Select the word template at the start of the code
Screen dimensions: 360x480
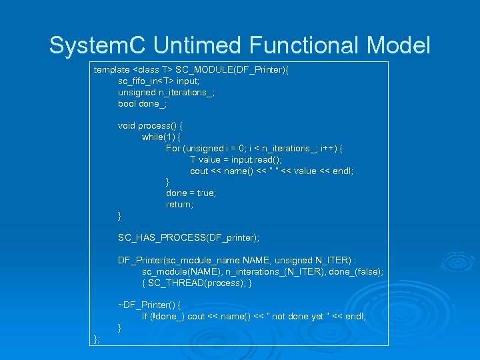tap(112, 69)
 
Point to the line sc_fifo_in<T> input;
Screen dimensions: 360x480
tap(154, 81)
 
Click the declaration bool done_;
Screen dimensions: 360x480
tap(142, 103)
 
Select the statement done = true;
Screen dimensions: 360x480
tap(191, 193)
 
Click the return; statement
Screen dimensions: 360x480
tap(180, 204)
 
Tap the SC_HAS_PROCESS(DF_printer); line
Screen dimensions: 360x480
tap(189, 237)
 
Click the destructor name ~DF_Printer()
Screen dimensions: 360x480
tap(149, 305)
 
